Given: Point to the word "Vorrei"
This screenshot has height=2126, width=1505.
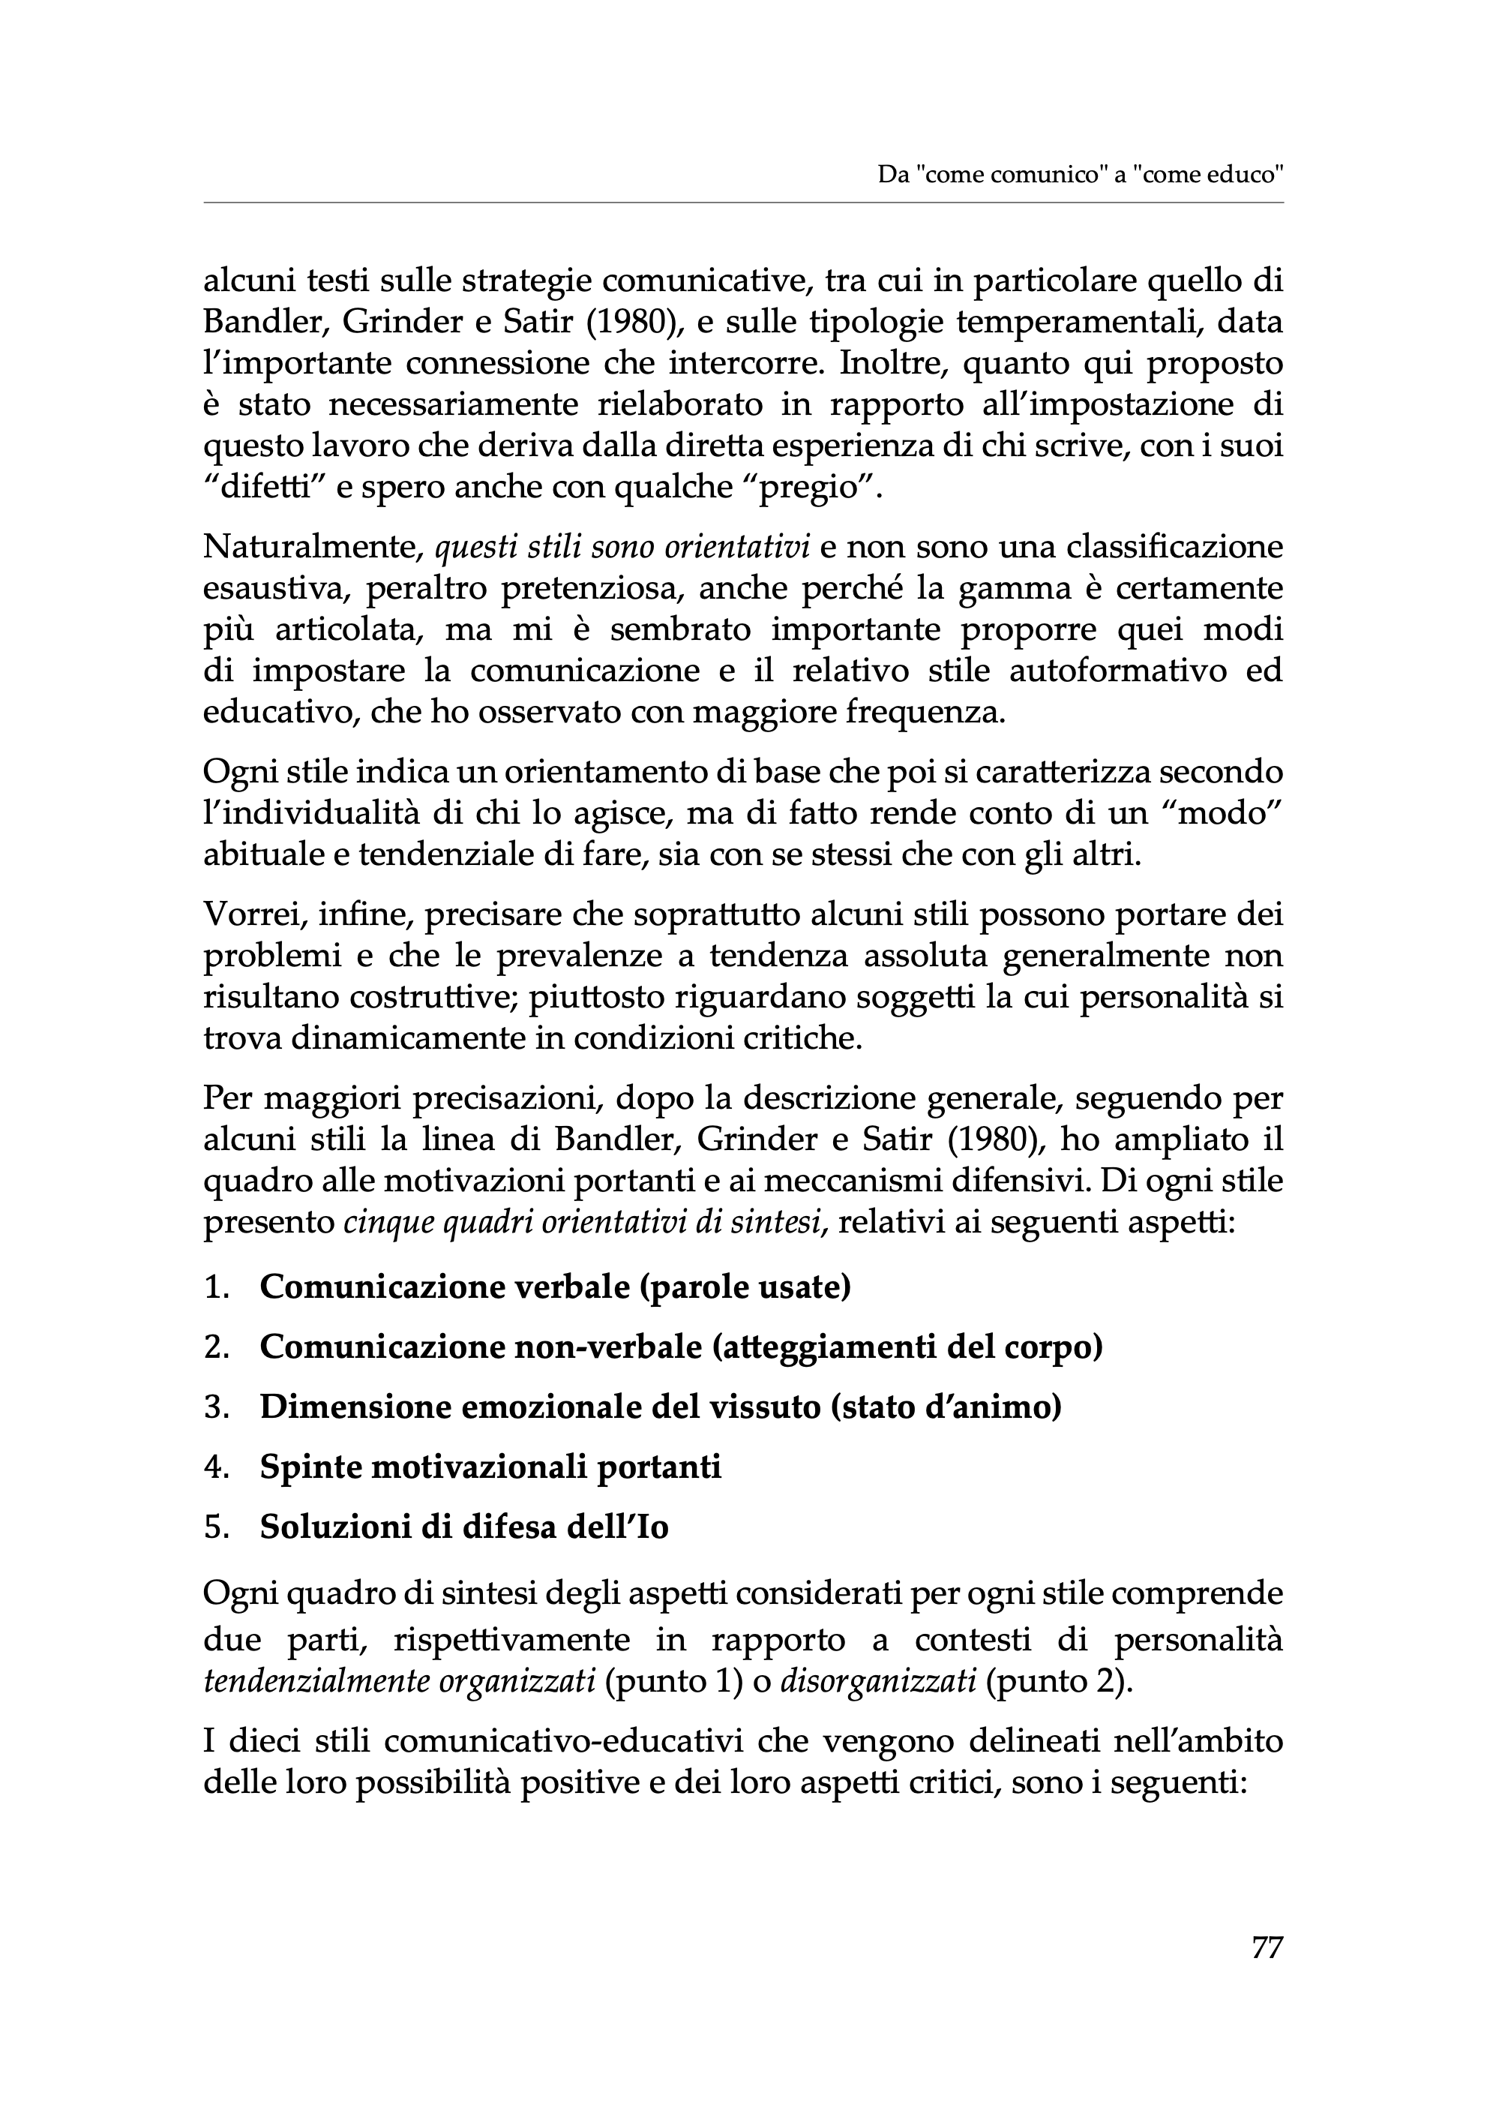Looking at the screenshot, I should click(247, 915).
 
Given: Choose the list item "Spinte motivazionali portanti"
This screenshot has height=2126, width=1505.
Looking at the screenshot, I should click(490, 1467).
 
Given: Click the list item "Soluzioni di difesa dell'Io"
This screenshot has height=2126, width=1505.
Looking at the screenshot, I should click(463, 1526).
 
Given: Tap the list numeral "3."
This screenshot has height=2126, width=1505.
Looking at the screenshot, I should click(216, 1407).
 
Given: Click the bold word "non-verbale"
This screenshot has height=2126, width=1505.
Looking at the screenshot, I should click(608, 1347).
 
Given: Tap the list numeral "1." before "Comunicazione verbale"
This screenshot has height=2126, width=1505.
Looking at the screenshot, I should click(216, 1288).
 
